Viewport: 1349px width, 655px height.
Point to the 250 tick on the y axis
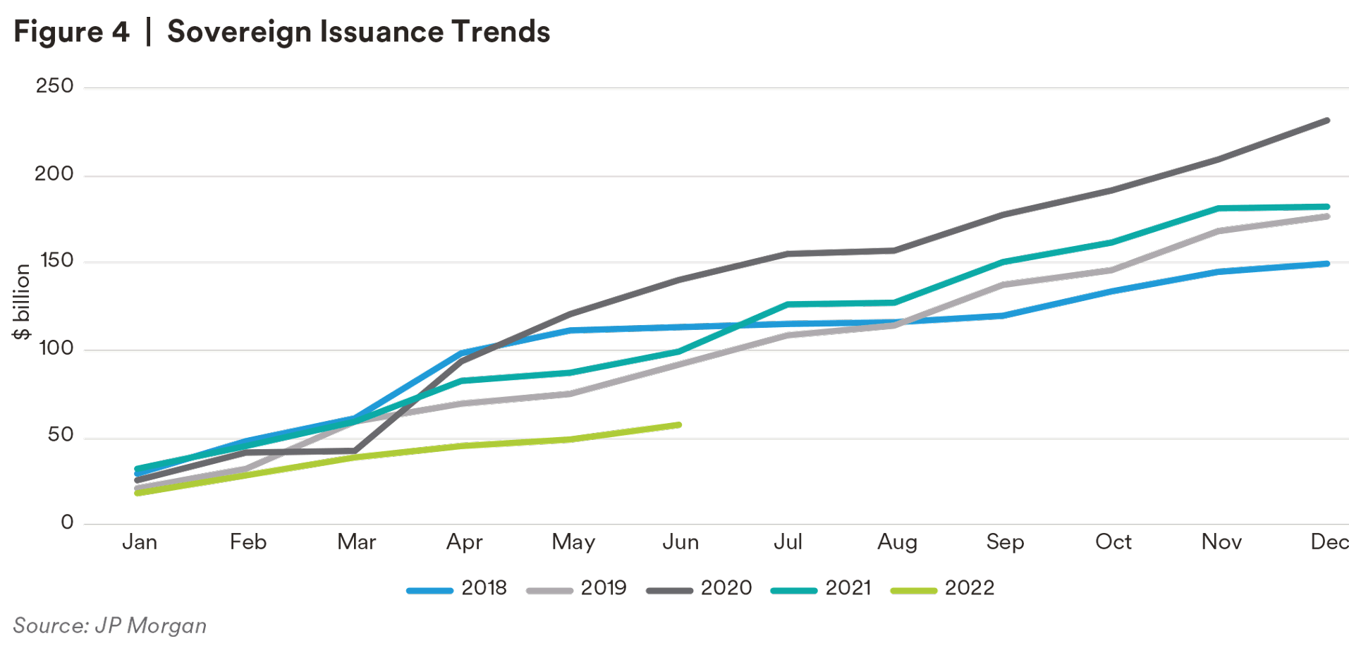click(x=54, y=86)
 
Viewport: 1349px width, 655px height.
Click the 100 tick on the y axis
click(x=56, y=348)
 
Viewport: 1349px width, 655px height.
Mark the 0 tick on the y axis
click(x=67, y=522)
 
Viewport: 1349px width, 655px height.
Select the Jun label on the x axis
click(x=680, y=542)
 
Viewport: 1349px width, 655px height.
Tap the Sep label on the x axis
click(x=1005, y=542)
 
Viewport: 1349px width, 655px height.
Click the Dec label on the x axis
click(x=1329, y=542)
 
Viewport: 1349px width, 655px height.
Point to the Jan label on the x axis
click(x=140, y=542)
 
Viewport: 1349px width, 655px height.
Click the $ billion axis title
click(x=22, y=302)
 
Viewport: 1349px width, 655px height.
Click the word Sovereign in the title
click(x=239, y=32)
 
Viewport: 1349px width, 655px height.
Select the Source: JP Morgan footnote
click(x=110, y=625)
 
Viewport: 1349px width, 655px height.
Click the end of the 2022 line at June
click(x=678, y=425)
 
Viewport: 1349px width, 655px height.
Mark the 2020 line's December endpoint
click(x=1327, y=121)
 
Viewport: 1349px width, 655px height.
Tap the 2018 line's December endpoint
click(x=1327, y=264)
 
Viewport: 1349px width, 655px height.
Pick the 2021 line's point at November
click(x=1219, y=209)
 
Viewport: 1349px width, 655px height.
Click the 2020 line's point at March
click(x=355, y=451)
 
